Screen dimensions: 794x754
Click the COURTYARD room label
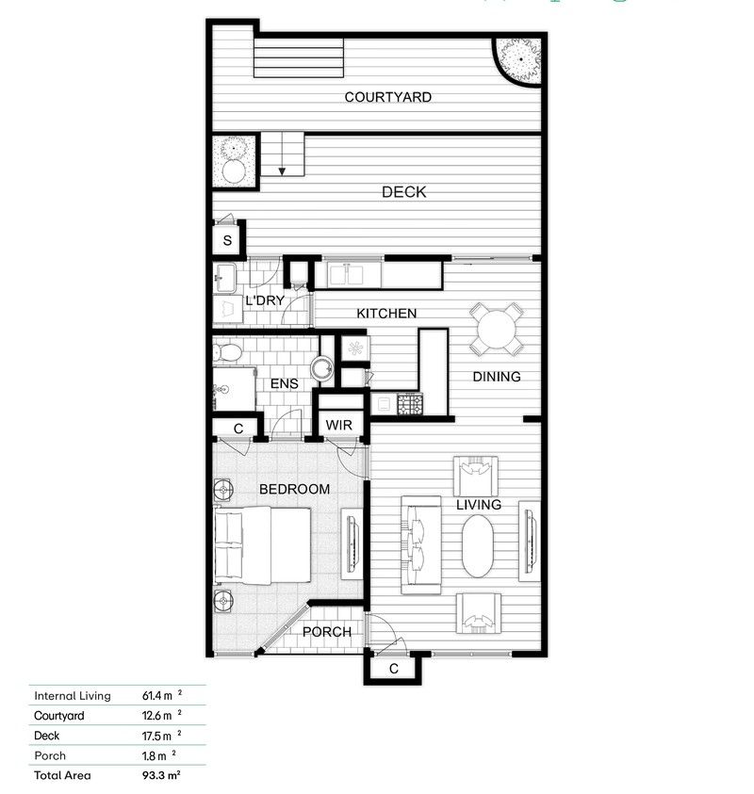(x=387, y=97)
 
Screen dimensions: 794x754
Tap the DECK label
(x=403, y=192)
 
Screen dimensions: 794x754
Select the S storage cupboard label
(x=227, y=240)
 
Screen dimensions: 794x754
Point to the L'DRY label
(x=265, y=300)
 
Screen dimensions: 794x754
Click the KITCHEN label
(x=386, y=313)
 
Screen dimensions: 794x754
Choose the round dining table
(x=497, y=329)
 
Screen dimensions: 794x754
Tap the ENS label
(x=284, y=383)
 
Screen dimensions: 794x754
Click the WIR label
(x=338, y=426)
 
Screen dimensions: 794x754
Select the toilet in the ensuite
(x=227, y=352)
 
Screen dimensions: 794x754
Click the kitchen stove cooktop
(x=410, y=404)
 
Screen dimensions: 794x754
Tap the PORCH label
(x=326, y=632)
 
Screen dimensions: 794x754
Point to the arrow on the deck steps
(x=282, y=170)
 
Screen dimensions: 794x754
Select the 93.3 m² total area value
(x=161, y=775)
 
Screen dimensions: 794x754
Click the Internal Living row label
(x=73, y=696)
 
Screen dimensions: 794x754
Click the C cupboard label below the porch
(x=393, y=669)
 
